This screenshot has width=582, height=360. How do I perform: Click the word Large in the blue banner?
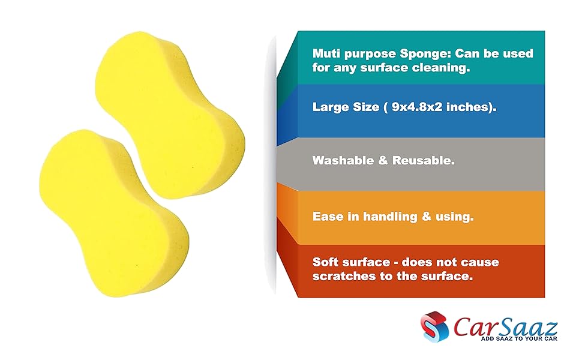point(331,107)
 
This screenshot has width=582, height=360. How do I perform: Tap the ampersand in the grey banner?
point(381,161)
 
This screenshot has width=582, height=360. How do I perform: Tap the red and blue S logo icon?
point(434,328)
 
